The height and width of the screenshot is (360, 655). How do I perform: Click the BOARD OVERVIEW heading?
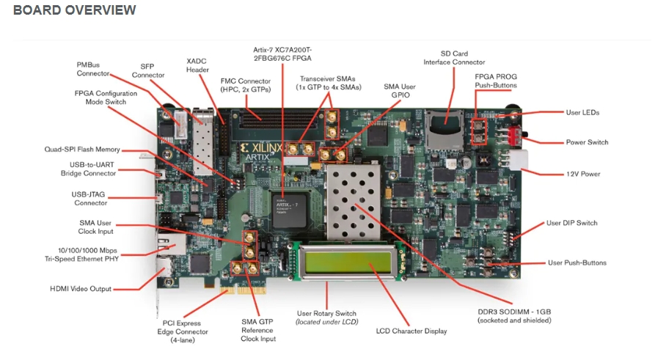pyautogui.click(x=75, y=10)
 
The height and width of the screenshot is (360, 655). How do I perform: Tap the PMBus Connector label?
pyautogui.click(x=93, y=69)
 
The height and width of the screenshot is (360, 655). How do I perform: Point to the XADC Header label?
pyautogui.click(x=197, y=65)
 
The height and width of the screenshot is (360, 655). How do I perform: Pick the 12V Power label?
pyautogui.click(x=583, y=174)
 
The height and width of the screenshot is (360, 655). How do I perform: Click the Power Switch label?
pyautogui.click(x=586, y=142)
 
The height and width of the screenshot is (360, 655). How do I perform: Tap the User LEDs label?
pyautogui.click(x=582, y=112)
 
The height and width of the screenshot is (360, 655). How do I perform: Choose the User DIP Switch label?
pyautogui.click(x=572, y=223)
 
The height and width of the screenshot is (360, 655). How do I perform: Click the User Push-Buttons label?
pyautogui.click(x=577, y=262)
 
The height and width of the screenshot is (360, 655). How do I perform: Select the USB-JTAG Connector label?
pyautogui.click(x=91, y=198)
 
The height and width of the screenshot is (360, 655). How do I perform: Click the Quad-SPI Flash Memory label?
pyautogui.click(x=81, y=150)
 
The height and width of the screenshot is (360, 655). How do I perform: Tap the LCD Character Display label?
pyautogui.click(x=411, y=331)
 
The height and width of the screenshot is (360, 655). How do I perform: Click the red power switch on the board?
pyautogui.click(x=514, y=135)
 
